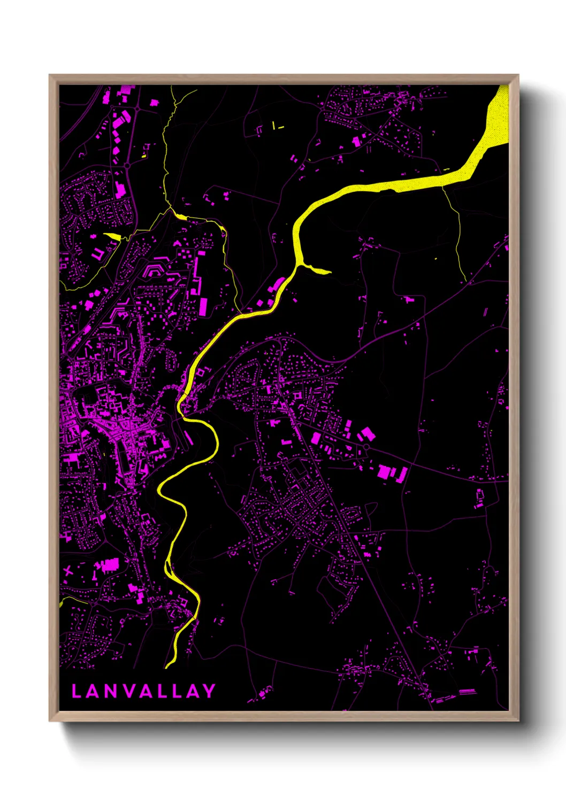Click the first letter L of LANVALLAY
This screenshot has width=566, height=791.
pos(77,691)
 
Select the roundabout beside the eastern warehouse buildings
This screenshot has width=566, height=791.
pos(366,446)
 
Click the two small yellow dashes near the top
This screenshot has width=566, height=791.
pos(277,127)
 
